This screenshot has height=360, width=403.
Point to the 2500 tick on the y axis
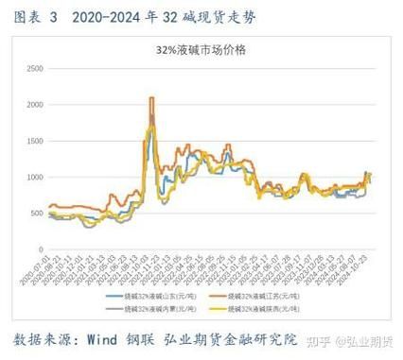[x=36, y=69]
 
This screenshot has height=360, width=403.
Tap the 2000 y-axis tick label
[x=36, y=105]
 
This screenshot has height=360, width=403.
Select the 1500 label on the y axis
[x=36, y=141]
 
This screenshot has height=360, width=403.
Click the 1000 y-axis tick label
[x=36, y=177]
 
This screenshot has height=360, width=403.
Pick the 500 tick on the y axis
[x=39, y=213]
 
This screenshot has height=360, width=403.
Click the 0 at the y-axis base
[x=44, y=249]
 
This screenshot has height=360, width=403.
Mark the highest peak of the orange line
[x=151, y=98]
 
